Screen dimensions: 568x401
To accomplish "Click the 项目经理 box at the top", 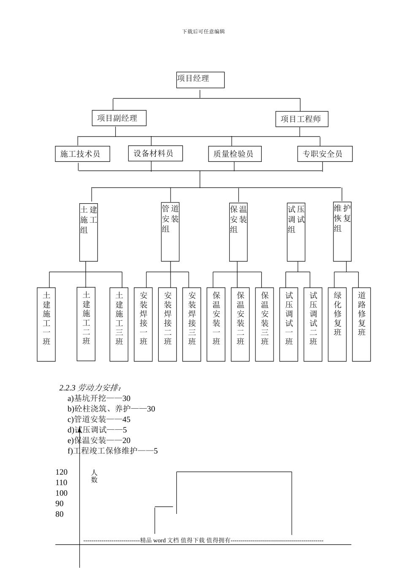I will click(200, 80).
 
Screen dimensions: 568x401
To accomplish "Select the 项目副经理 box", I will click(119, 118).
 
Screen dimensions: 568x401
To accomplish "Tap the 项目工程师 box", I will click(301, 119).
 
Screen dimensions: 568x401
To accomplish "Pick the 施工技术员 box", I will click(82, 154).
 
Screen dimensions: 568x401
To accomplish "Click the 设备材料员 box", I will click(155, 153).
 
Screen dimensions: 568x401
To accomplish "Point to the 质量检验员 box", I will click(235, 154).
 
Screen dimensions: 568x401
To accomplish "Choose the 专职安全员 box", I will click(325, 154).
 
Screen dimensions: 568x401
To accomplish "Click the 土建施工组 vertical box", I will click(89, 232).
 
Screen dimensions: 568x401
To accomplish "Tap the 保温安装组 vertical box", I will click(238, 232).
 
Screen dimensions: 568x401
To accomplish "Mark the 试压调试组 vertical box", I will click(296, 232).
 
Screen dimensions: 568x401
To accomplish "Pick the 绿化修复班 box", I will click(337, 324).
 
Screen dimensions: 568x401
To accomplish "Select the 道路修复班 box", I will click(361, 324).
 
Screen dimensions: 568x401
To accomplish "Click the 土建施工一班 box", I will click(46, 324).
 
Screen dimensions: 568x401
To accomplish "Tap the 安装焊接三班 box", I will click(192, 324).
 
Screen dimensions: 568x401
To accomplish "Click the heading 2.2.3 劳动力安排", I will click(91, 388).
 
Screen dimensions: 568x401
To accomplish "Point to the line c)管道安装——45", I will click(99, 419).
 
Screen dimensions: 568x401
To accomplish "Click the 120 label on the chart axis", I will click(62, 472).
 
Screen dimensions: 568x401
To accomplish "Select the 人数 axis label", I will click(94, 476).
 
